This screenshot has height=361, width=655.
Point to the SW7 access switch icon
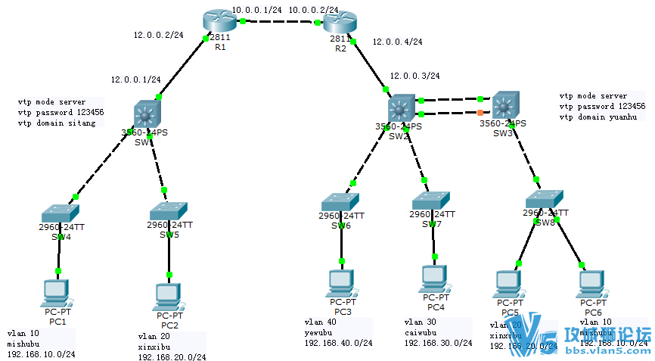pyautogui.click(x=431, y=201)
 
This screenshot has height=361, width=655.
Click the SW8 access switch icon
pyautogui.click(x=546, y=198)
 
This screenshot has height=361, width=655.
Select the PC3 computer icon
pyautogui.click(x=342, y=282)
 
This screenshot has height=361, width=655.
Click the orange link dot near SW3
pyautogui.click(x=480, y=113)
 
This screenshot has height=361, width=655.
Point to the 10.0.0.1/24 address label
pyautogui.click(x=257, y=10)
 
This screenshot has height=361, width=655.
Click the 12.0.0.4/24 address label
pyautogui.click(x=398, y=42)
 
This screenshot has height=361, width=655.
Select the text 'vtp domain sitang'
pyautogui.click(x=57, y=123)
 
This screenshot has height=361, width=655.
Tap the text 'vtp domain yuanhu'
pyautogui.click(x=598, y=117)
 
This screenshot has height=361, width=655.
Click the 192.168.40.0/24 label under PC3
pyautogui.click(x=338, y=343)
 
